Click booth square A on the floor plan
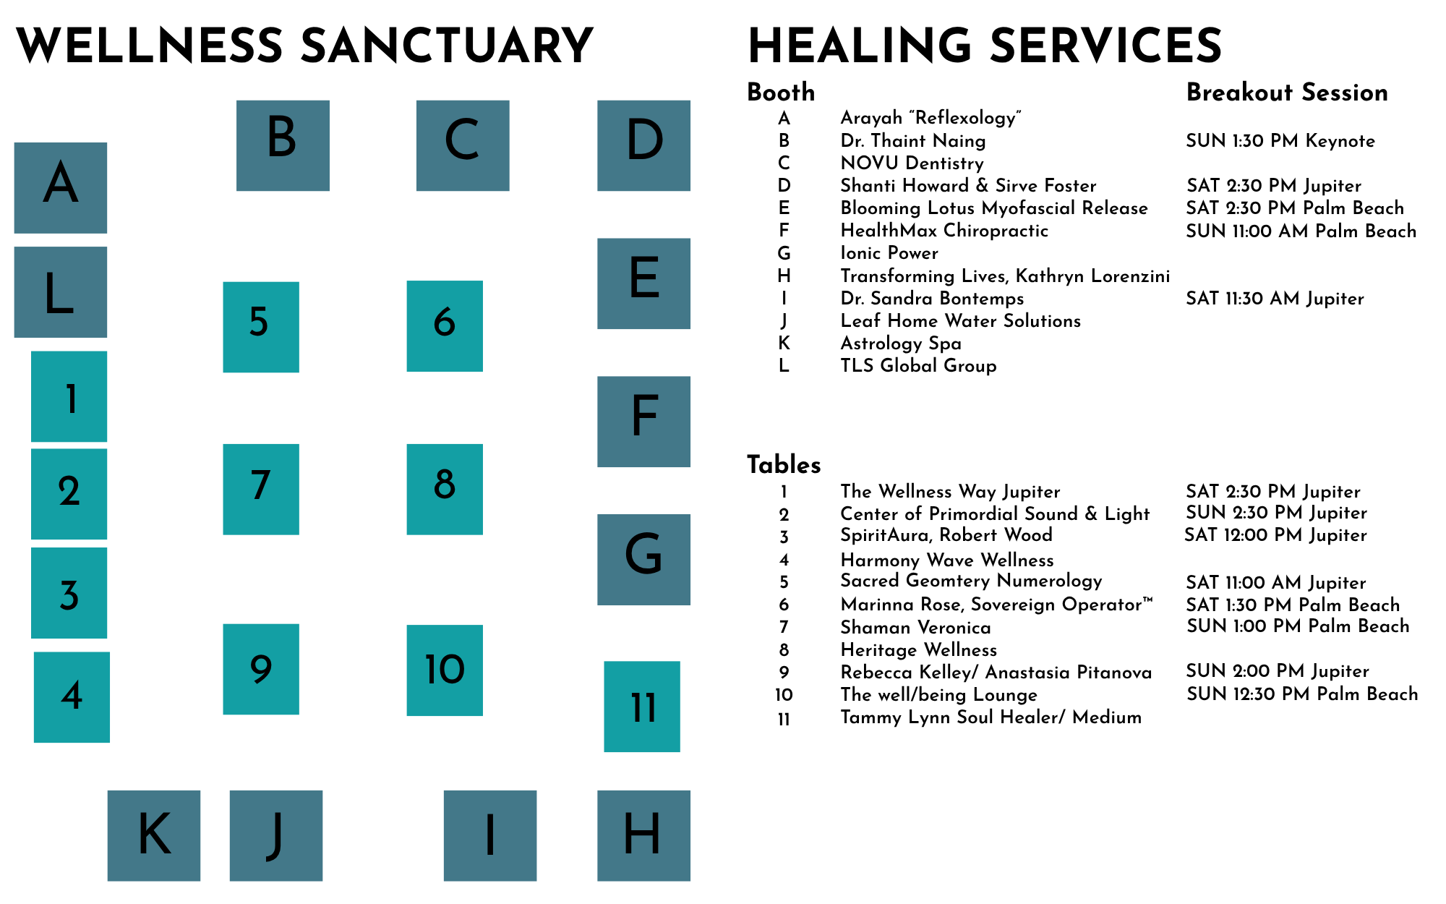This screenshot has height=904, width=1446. point(61,188)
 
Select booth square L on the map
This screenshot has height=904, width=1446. point(61,292)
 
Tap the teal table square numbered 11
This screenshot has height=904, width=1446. point(642,707)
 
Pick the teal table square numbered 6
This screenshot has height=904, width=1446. point(445,326)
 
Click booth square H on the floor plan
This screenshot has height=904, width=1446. point(643,835)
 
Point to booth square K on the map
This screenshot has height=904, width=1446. point(154,835)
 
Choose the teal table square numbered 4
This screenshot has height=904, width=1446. point(72,697)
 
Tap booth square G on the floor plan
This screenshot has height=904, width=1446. point(643,560)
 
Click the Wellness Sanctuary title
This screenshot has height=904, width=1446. point(304,46)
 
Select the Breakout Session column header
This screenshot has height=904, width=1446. point(1287,93)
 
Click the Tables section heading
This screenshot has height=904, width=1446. point(784,464)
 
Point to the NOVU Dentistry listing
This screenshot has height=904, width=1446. point(912,163)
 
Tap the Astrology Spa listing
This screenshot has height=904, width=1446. point(901,344)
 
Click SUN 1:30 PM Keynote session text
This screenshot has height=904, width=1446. point(1280,141)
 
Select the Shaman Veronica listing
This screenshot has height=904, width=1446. point(915,627)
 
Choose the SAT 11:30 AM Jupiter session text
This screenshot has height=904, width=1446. point(1275,299)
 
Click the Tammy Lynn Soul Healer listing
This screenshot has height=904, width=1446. point(991,717)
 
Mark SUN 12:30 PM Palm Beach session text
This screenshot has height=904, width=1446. point(1302,694)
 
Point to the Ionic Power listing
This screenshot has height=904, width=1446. point(889,253)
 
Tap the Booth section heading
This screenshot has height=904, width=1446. point(781,93)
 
